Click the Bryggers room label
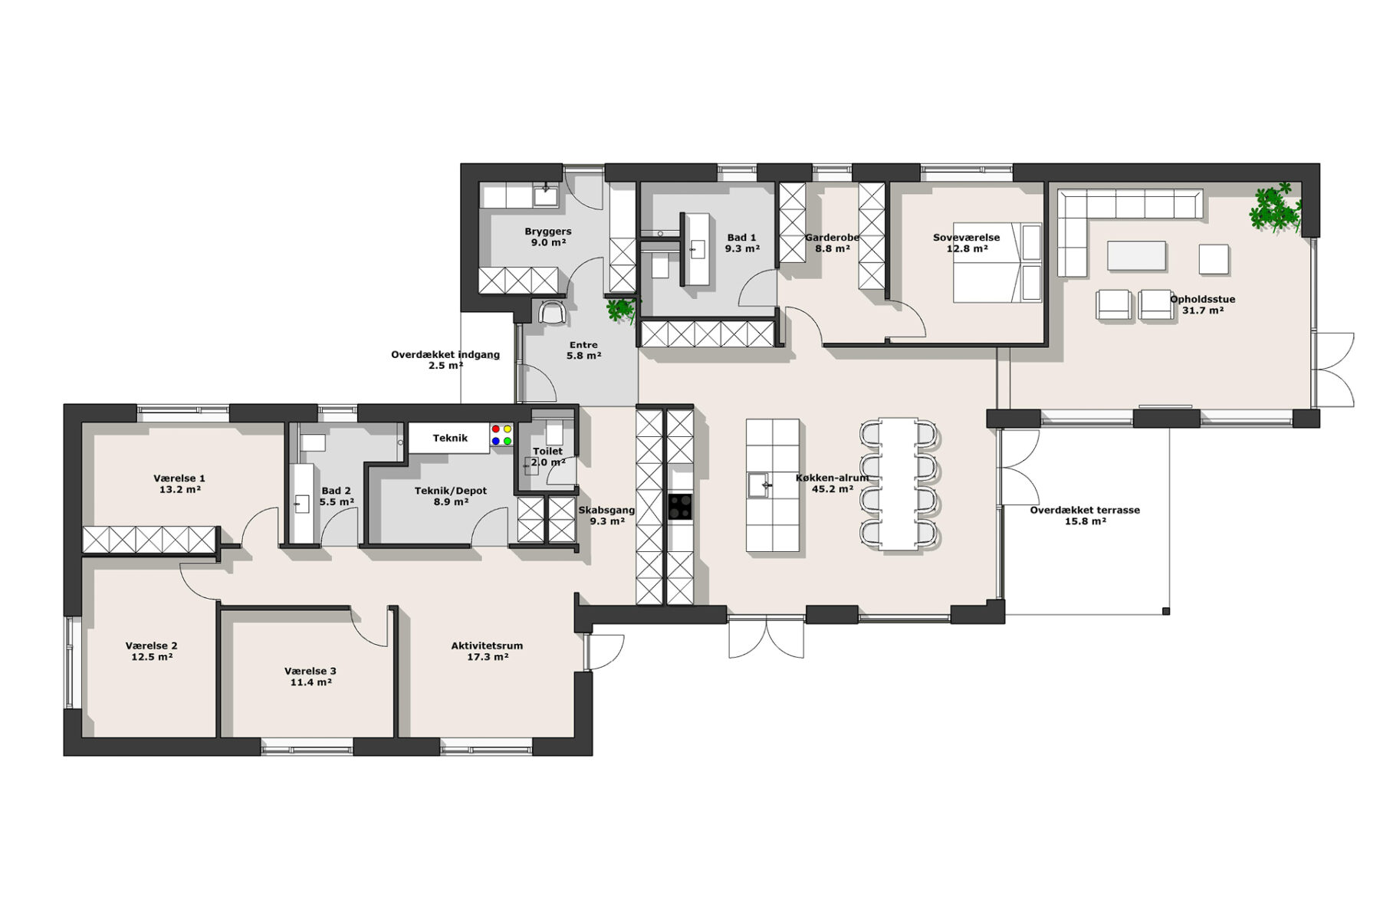pyautogui.click(x=548, y=231)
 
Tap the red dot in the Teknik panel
pyautogui.click(x=496, y=429)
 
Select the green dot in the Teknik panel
pyautogui.click(x=508, y=441)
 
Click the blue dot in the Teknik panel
pyautogui.click(x=496, y=441)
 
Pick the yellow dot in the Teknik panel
pyautogui.click(x=508, y=429)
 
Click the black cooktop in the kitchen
pyautogui.click(x=680, y=507)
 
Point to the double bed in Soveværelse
pyautogui.click(x=997, y=262)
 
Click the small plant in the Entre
pyautogui.click(x=620, y=310)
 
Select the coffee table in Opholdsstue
pyautogui.click(x=1136, y=256)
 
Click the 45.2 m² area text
pyautogui.click(x=833, y=489)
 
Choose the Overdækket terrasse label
pyautogui.click(x=1085, y=510)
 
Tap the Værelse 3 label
pyautogui.click(x=310, y=671)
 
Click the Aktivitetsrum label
pyautogui.click(x=487, y=646)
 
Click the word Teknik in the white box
pyautogui.click(x=450, y=438)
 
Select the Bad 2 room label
pyautogui.click(x=337, y=491)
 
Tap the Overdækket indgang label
pyautogui.click(x=445, y=355)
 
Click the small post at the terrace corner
pyautogui.click(x=1166, y=611)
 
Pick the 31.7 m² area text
pyautogui.click(x=1202, y=310)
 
